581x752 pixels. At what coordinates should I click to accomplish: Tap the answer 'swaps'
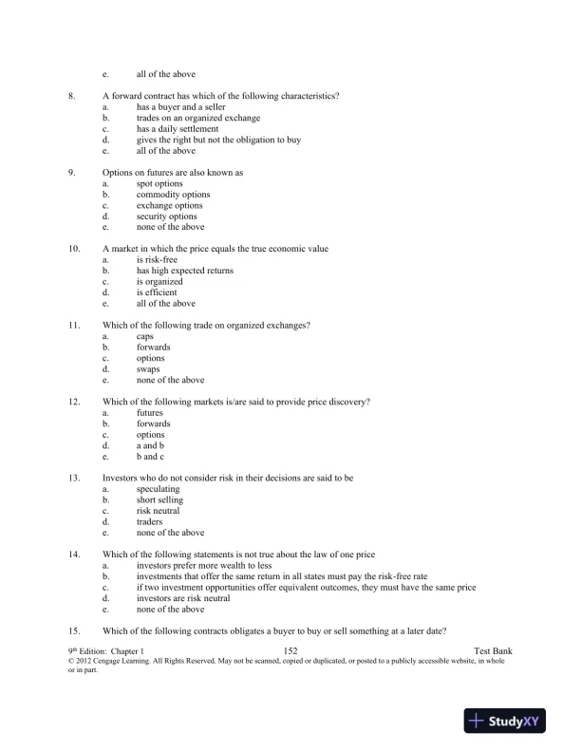[149, 369]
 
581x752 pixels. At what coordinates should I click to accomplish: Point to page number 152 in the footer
[291, 648]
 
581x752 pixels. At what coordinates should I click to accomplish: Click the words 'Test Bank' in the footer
[493, 648]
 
